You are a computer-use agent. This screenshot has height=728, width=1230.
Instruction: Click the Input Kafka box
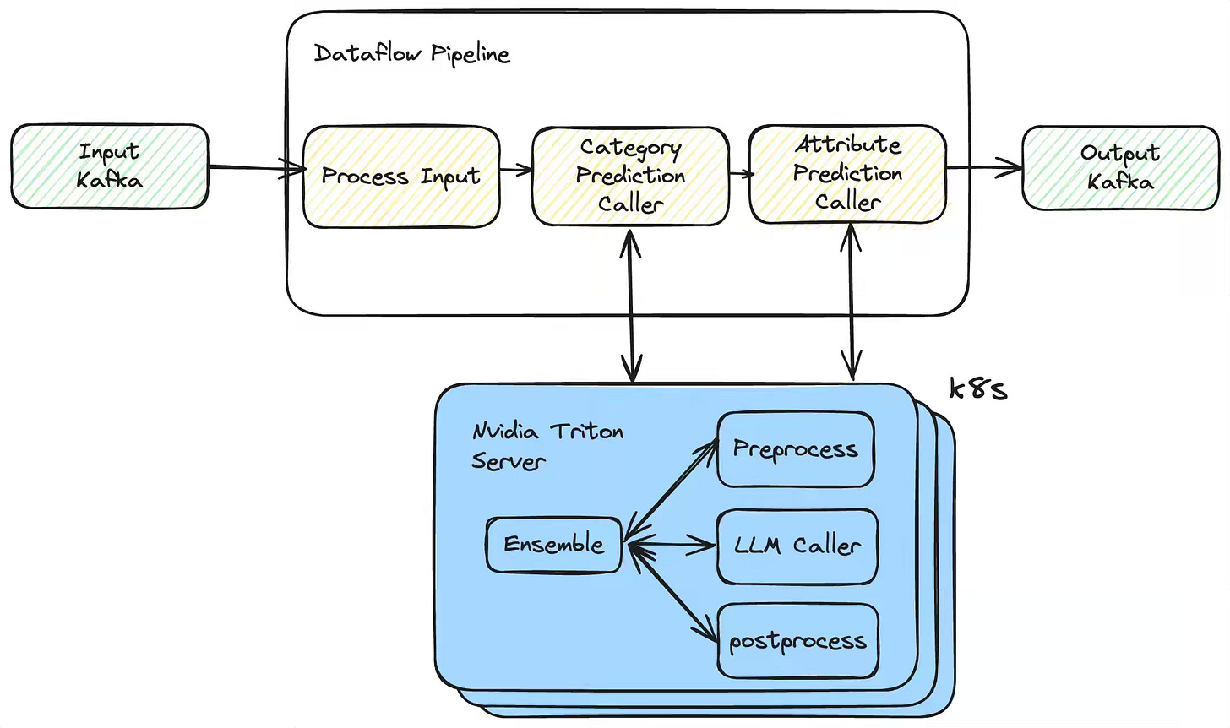(110, 166)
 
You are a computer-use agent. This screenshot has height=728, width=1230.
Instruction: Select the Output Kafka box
(1121, 167)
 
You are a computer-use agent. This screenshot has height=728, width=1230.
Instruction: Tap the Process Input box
(401, 177)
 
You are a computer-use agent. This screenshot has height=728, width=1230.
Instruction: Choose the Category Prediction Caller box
(630, 177)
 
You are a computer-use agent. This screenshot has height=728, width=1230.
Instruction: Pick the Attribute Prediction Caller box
(848, 174)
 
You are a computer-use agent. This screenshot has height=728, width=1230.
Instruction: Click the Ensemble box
(553, 545)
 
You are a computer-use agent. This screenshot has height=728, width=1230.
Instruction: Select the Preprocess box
(796, 449)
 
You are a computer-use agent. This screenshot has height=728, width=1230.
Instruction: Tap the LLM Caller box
(797, 546)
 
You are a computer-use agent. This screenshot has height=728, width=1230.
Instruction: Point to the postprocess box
(797, 641)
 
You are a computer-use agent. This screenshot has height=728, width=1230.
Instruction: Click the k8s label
(978, 389)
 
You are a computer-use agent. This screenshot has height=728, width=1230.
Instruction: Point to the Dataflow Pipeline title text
(412, 54)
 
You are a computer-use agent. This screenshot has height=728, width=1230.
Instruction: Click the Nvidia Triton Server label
(547, 446)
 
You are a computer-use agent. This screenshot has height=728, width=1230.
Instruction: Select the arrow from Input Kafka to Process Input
(257, 167)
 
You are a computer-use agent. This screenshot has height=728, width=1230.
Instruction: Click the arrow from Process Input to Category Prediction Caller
(516, 170)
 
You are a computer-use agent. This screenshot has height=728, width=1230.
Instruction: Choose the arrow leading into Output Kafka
(984, 167)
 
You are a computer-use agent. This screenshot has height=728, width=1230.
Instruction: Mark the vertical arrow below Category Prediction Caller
(632, 305)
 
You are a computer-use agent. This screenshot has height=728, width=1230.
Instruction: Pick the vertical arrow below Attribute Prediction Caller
(852, 302)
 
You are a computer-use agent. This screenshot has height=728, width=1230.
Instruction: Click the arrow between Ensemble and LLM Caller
(671, 546)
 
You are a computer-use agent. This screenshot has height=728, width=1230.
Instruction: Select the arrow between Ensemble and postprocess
(672, 595)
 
